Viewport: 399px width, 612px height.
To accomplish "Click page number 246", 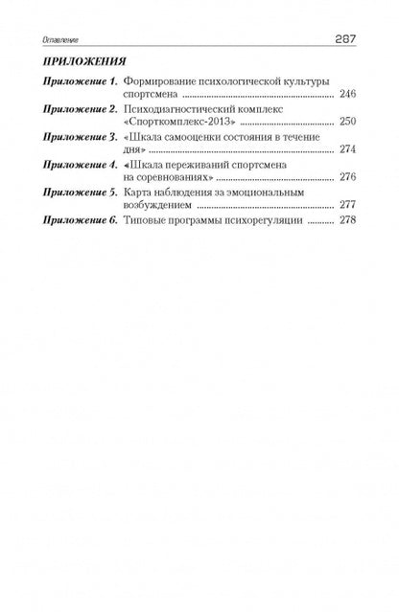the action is (x=348, y=97).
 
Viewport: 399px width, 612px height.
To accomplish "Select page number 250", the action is (x=348, y=125).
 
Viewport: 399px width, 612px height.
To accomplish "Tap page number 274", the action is (x=348, y=152).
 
